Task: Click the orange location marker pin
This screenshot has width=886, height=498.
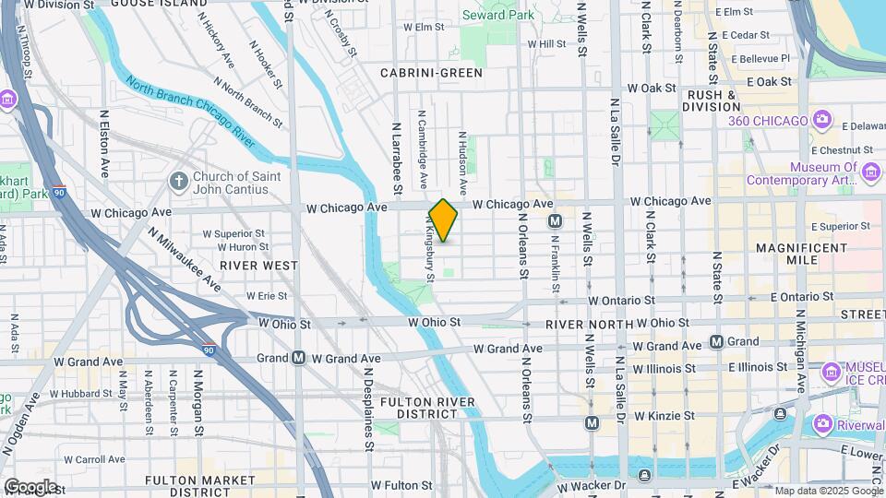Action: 443,220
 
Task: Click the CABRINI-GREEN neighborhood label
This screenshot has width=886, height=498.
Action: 431,71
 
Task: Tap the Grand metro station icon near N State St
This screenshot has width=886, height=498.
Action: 717,342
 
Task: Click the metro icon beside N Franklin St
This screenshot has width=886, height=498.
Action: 556,220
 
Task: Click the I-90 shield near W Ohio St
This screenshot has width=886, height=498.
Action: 210,350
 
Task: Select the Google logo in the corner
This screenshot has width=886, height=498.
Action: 30,486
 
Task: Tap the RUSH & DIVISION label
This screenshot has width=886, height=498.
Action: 712,101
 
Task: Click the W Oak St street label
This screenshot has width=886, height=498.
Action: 652,89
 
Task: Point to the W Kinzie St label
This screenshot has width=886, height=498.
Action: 663,416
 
